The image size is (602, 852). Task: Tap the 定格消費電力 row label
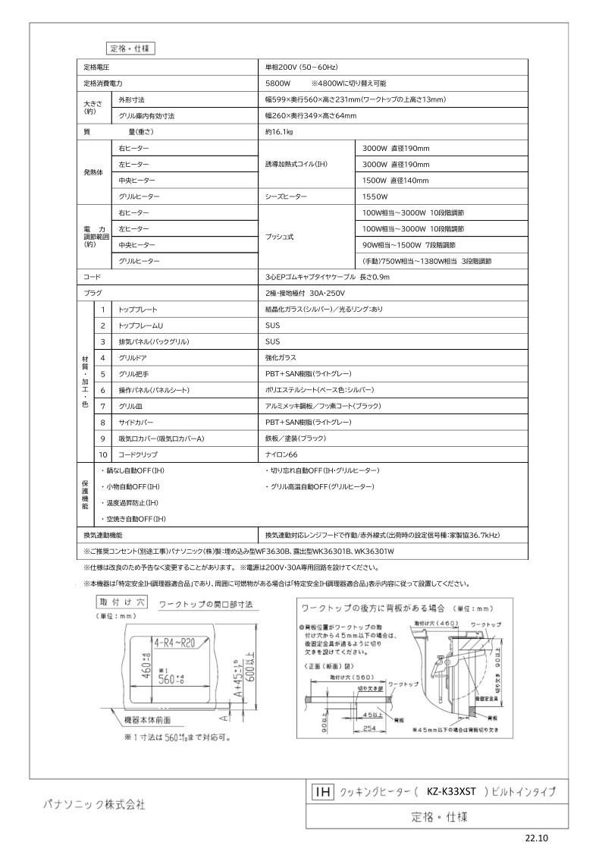103,83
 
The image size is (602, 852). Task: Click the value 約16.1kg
279,132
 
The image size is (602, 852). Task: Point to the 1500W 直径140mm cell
395,181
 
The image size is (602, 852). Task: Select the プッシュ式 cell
280,237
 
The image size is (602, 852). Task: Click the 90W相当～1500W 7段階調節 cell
409,245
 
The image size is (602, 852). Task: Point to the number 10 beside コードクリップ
102,454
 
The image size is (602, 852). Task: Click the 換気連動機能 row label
103,535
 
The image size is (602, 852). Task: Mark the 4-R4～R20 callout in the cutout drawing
179,643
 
